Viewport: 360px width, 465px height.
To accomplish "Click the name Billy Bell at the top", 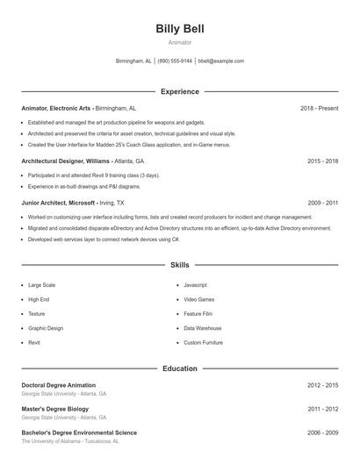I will coord(179,29).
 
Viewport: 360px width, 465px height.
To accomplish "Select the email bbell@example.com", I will coord(221,61).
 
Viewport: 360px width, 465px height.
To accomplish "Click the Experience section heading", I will coord(179,91).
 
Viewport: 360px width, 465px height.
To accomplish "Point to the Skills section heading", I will coord(179,264).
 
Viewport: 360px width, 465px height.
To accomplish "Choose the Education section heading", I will coord(179,368).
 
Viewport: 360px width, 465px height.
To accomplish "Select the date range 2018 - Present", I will coord(319,108).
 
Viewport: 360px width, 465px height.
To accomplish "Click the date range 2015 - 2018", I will coord(322,161).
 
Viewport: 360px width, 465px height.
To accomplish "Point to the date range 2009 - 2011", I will coord(322,203).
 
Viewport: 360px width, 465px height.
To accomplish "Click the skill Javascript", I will coord(195,285).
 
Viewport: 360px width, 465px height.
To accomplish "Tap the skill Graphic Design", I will coord(46,328).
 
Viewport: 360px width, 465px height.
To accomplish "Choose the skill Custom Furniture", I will coord(203,342).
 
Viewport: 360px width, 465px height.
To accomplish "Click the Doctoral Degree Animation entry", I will coord(58,385).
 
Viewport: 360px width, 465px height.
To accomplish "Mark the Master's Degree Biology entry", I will coord(56,409).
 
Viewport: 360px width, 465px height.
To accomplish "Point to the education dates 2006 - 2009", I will coord(322,433).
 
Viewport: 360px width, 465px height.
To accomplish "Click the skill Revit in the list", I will coord(34,342).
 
